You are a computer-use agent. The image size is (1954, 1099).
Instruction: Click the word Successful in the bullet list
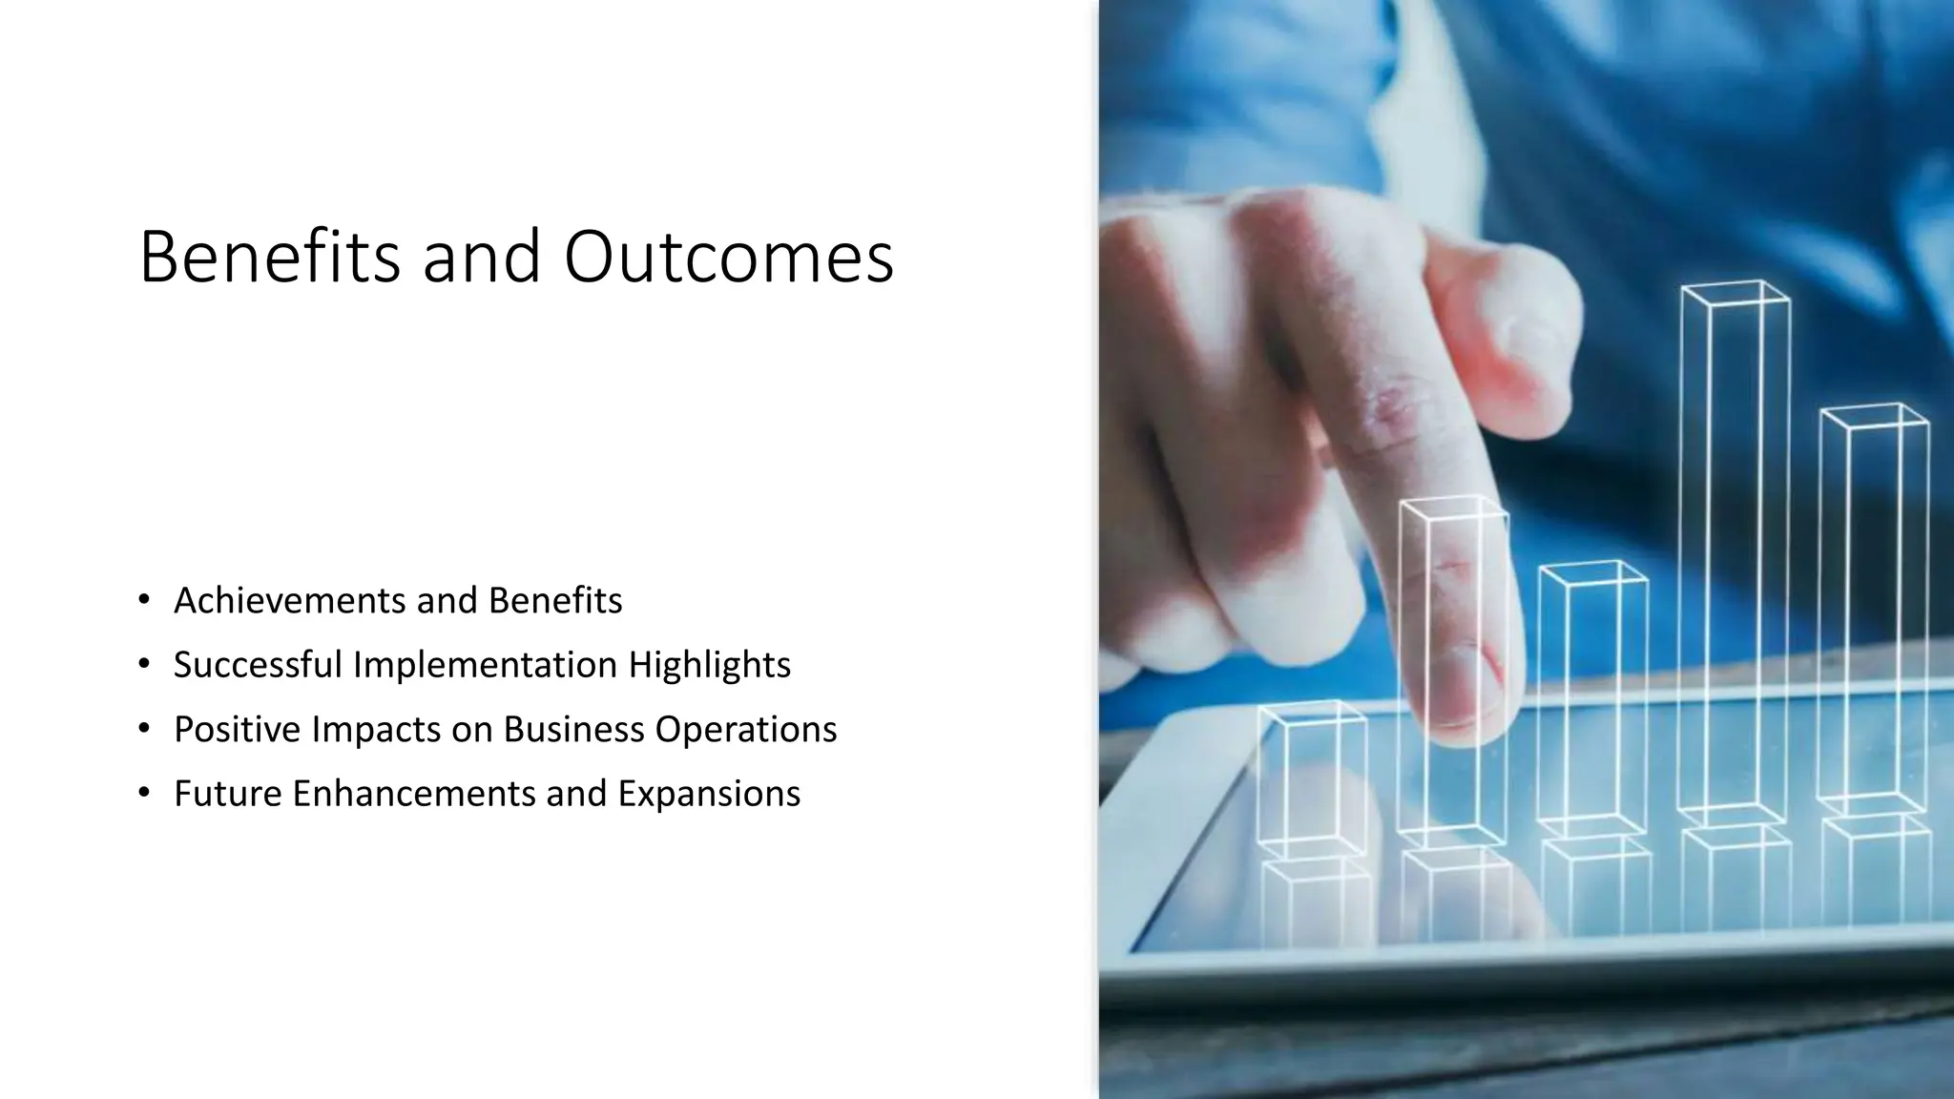pyautogui.click(x=258, y=665)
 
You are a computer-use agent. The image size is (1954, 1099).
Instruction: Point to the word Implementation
pyautogui.click(x=485, y=665)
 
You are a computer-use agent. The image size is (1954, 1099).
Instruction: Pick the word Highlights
pyautogui.click(x=709, y=665)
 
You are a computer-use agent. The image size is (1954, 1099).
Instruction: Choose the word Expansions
pyautogui.click(x=709, y=794)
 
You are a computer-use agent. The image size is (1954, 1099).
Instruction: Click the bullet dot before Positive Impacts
pyautogui.click(x=144, y=729)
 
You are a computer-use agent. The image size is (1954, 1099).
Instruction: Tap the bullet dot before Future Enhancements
pyautogui.click(x=144, y=793)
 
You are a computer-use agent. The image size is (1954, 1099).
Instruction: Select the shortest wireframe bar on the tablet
pyautogui.click(x=1312, y=778)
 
